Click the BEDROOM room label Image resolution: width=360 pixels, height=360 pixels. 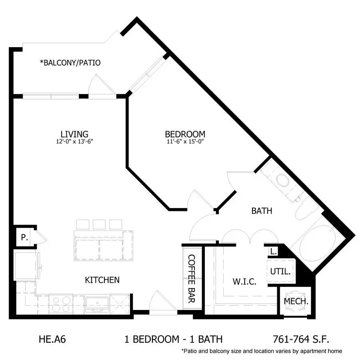[x=185, y=134]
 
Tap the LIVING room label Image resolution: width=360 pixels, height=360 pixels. [x=74, y=134]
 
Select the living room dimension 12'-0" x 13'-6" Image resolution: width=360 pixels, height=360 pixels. [x=74, y=142]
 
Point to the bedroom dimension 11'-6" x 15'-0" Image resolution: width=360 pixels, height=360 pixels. [x=185, y=142]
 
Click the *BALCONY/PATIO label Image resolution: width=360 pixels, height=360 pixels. [x=70, y=63]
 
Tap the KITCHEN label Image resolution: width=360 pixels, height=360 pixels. [x=102, y=280]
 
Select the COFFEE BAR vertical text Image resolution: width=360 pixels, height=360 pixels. [x=192, y=279]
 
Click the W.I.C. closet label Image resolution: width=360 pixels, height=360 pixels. [x=244, y=282]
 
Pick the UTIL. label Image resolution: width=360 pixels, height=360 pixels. [x=280, y=272]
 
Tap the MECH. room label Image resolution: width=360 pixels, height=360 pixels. [x=296, y=301]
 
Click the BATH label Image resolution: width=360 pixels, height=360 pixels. [x=262, y=211]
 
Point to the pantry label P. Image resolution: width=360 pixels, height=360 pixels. [x=24, y=237]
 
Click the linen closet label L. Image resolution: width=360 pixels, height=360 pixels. [x=273, y=252]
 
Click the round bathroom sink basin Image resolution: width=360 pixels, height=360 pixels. [x=282, y=180]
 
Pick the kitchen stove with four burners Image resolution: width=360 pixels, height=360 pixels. [x=61, y=304]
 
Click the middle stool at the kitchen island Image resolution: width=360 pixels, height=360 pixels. [x=99, y=224]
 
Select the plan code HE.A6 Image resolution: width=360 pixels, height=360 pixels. [x=52, y=339]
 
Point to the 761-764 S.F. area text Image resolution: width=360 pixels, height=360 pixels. [x=301, y=339]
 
